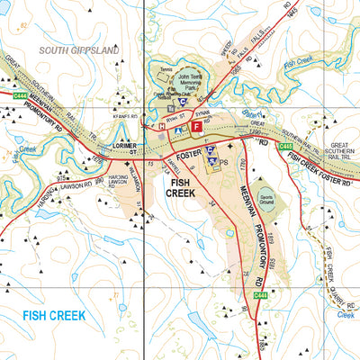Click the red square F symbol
[x=197, y=129]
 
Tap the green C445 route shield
[x=286, y=146]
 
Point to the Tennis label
[x=163, y=68]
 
